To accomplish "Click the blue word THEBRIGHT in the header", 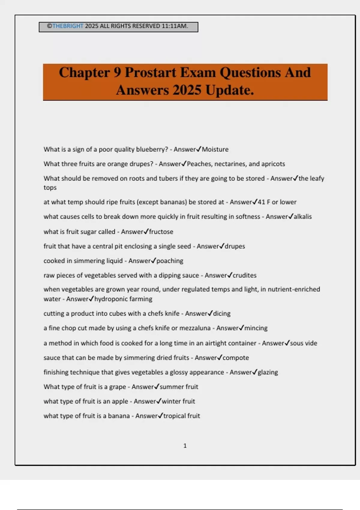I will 67,26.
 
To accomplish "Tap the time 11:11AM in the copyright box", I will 175,26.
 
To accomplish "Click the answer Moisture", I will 215,149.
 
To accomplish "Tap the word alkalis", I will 303,217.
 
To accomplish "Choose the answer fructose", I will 161,232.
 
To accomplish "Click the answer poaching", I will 170,261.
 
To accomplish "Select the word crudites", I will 244,275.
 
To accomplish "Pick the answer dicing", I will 222,313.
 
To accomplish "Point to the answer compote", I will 236,358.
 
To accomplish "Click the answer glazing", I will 268,372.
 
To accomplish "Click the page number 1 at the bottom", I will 185,446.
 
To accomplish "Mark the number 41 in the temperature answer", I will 261,202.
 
